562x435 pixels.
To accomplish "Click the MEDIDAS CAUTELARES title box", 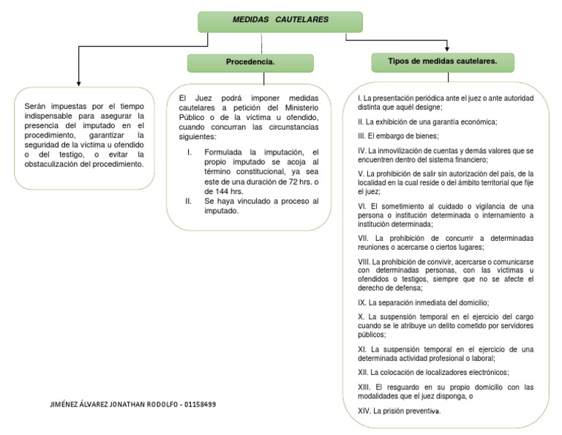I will click(280, 22).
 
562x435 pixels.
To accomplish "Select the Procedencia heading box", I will click(250, 63).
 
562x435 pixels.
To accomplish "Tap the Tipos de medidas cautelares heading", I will click(443, 62).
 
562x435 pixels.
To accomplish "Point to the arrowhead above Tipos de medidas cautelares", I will click(446, 47).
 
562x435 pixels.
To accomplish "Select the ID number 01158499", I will click(200, 404).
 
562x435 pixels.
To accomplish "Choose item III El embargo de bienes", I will click(398, 136).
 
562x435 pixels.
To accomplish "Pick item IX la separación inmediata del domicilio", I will click(423, 302).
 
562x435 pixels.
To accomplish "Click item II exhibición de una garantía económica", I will click(427, 122).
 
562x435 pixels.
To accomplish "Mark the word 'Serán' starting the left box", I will click(37, 107).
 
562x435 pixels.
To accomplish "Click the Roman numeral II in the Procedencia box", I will click(189, 201).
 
